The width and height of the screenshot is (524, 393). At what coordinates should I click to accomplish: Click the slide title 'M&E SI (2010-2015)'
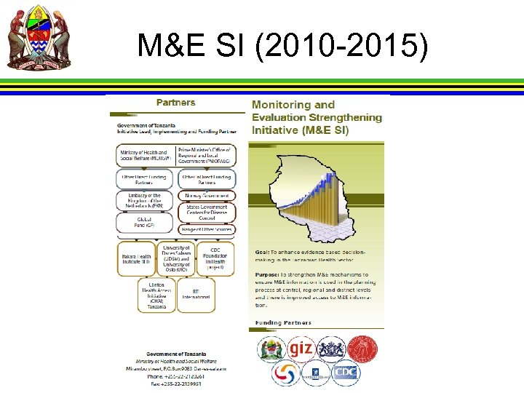click(x=282, y=47)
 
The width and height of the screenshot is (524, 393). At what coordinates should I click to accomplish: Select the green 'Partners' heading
click(x=175, y=103)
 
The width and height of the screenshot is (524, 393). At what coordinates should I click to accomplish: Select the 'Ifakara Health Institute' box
click(x=135, y=259)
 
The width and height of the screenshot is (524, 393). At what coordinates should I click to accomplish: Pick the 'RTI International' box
click(x=201, y=294)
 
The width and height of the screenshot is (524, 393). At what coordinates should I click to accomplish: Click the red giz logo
click(x=300, y=349)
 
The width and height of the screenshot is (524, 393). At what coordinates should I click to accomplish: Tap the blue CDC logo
click(x=346, y=373)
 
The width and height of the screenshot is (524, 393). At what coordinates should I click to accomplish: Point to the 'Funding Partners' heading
click(x=283, y=322)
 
